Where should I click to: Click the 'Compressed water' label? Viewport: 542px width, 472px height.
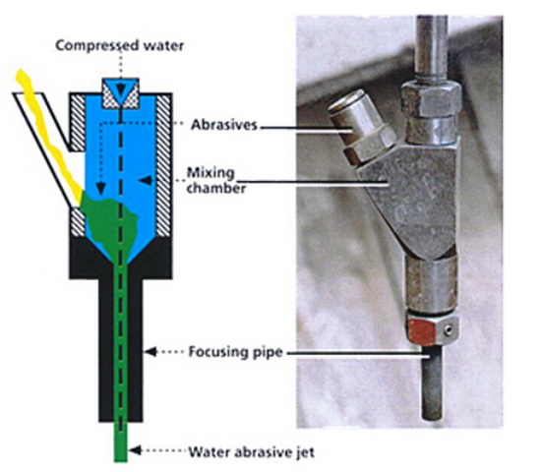[x=120, y=45]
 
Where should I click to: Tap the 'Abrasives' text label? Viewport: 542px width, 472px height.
[x=224, y=125]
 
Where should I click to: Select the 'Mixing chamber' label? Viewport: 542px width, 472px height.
[x=216, y=180]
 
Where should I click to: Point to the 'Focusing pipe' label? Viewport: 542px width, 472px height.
[x=235, y=352]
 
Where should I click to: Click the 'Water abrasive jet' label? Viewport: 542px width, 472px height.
[x=251, y=452]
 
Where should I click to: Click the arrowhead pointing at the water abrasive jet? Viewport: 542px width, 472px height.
[x=135, y=450]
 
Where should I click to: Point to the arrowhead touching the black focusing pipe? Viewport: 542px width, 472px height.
[x=150, y=352]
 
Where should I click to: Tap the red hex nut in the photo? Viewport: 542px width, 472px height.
[x=422, y=331]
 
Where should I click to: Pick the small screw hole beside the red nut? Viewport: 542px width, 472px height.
[x=449, y=331]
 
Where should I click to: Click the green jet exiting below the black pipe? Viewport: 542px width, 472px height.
[x=121, y=442]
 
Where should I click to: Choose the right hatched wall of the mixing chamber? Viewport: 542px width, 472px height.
[x=163, y=165]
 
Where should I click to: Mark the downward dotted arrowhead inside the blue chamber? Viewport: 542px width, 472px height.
[x=101, y=188]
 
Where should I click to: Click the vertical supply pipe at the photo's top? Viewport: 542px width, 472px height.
[x=432, y=46]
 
